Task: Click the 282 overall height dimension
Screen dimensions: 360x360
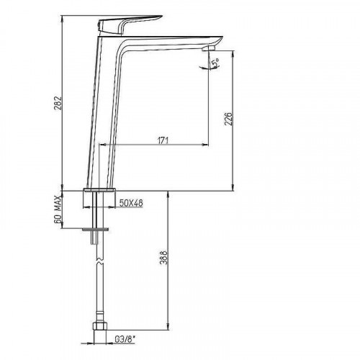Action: point(58,103)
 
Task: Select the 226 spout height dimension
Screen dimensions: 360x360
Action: point(228,119)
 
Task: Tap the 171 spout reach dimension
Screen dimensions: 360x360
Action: point(163,140)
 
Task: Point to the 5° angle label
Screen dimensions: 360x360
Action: point(215,63)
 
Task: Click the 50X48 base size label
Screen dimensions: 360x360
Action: point(131,203)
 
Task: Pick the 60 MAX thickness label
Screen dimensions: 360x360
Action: point(58,210)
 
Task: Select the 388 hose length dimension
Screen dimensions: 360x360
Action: point(163,258)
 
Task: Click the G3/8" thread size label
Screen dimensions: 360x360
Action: point(125,339)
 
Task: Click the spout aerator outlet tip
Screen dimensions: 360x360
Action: point(208,49)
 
